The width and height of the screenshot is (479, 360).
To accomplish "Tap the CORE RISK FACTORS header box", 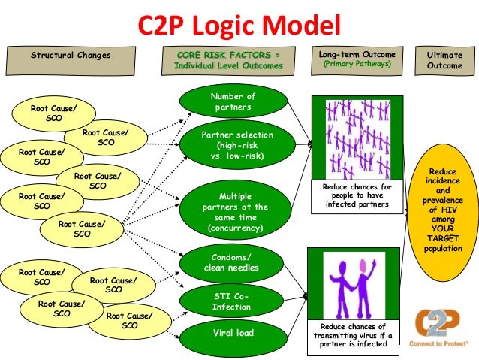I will pyautogui.click(x=223, y=60).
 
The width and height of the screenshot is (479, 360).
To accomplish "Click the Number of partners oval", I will pyautogui.click(x=233, y=101).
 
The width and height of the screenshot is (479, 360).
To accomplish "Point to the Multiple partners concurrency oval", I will pyautogui.click(x=233, y=207).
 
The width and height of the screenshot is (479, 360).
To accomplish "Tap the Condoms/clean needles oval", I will pyautogui.click(x=232, y=262).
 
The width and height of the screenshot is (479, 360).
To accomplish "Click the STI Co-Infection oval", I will pyautogui.click(x=232, y=301).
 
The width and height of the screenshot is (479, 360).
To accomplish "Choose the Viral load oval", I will pyautogui.click(x=233, y=333).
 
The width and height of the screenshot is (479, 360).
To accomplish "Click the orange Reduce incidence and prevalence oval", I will pyautogui.click(x=442, y=210).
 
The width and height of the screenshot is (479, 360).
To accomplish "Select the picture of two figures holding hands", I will pyautogui.click(x=353, y=285).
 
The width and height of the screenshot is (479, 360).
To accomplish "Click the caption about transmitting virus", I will pyautogui.click(x=353, y=335).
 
